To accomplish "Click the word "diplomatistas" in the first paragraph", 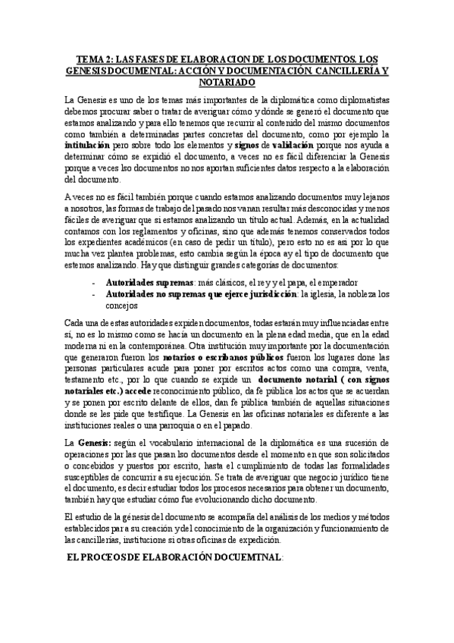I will pyautogui.click(x=357, y=99).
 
